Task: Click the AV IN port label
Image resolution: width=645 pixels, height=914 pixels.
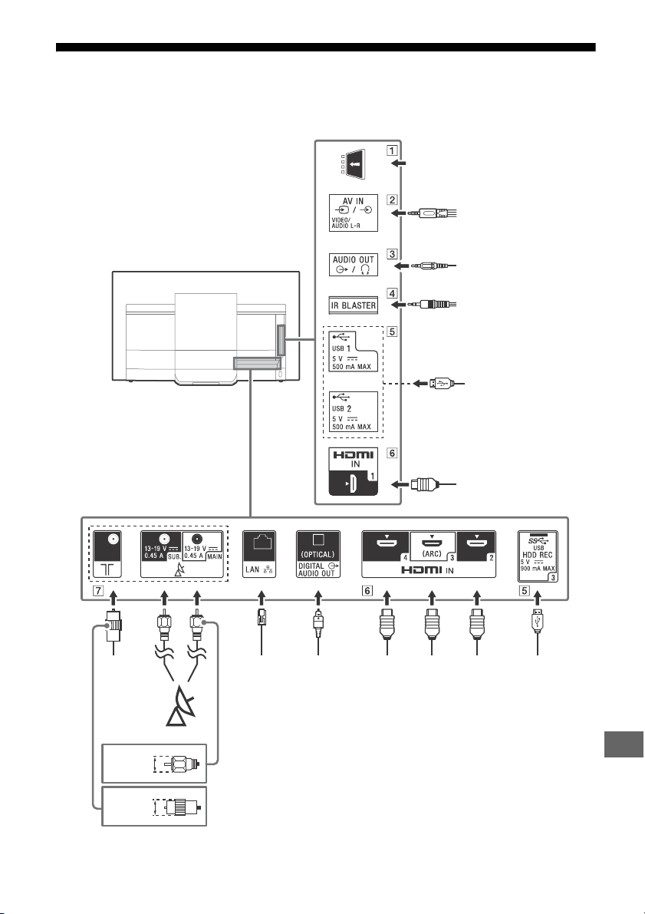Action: coord(353,213)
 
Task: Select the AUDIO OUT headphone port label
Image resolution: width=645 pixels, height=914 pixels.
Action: coord(353,265)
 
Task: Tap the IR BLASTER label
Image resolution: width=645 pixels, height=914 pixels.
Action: coord(353,305)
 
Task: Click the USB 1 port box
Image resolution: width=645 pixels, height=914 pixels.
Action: coord(353,351)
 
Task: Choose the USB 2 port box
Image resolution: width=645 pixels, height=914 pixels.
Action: coord(353,411)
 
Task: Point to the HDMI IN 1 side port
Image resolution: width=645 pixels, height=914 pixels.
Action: coord(353,471)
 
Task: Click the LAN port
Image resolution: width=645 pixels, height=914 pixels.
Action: coord(259,554)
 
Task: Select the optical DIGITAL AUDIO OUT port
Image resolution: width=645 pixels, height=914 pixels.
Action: coord(318,554)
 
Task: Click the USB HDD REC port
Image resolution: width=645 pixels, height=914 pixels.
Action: coord(538,556)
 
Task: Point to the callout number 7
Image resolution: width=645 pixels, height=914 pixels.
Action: coord(98,591)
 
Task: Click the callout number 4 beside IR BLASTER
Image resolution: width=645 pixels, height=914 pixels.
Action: coord(392,293)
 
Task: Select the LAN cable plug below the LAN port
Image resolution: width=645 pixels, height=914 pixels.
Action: coord(261,617)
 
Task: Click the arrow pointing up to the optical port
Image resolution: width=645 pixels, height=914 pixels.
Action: coord(318,598)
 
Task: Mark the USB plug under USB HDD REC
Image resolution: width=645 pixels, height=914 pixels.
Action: coord(537,620)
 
